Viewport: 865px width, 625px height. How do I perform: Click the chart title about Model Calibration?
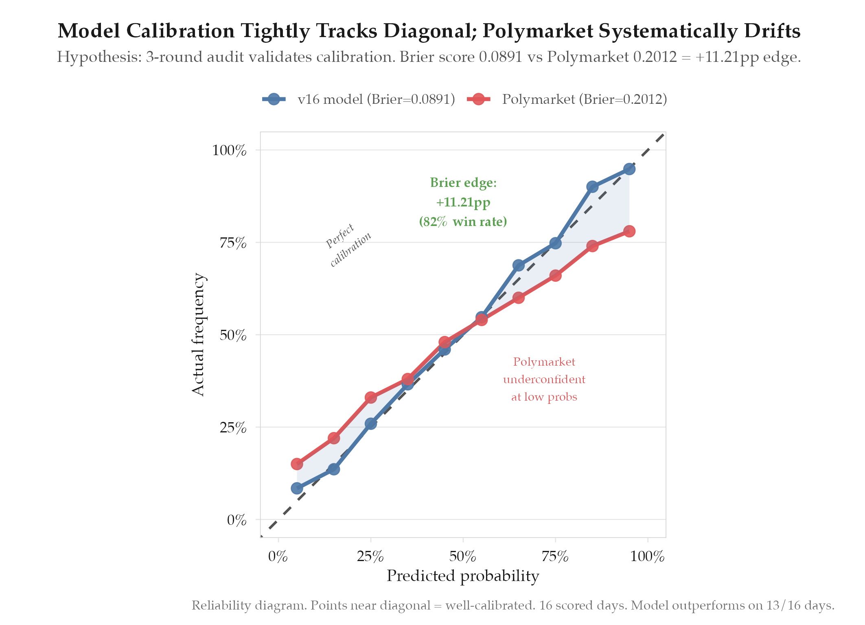click(429, 31)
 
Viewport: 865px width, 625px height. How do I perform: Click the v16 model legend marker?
click(274, 99)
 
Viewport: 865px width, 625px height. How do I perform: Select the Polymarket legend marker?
click(478, 99)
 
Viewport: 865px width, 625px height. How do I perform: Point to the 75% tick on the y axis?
click(233, 243)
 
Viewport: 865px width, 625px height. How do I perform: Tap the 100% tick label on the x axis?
click(647, 557)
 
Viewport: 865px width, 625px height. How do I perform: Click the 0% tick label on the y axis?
click(237, 520)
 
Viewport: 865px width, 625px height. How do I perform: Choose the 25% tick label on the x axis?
click(370, 557)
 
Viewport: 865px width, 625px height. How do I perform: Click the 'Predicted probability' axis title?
click(463, 576)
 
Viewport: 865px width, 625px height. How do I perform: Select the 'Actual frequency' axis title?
click(198, 334)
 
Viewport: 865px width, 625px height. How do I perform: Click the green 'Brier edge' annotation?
click(463, 202)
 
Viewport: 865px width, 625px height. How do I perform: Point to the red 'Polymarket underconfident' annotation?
click(544, 379)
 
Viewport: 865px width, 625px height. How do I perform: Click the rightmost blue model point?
click(629, 169)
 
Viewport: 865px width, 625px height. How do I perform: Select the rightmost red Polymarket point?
click(629, 231)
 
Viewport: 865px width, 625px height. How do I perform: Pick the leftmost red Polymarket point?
click(297, 464)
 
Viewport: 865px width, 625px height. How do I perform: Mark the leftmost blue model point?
click(297, 488)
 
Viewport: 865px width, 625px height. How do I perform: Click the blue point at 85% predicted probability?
click(592, 187)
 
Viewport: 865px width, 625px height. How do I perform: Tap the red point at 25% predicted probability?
click(370, 397)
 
